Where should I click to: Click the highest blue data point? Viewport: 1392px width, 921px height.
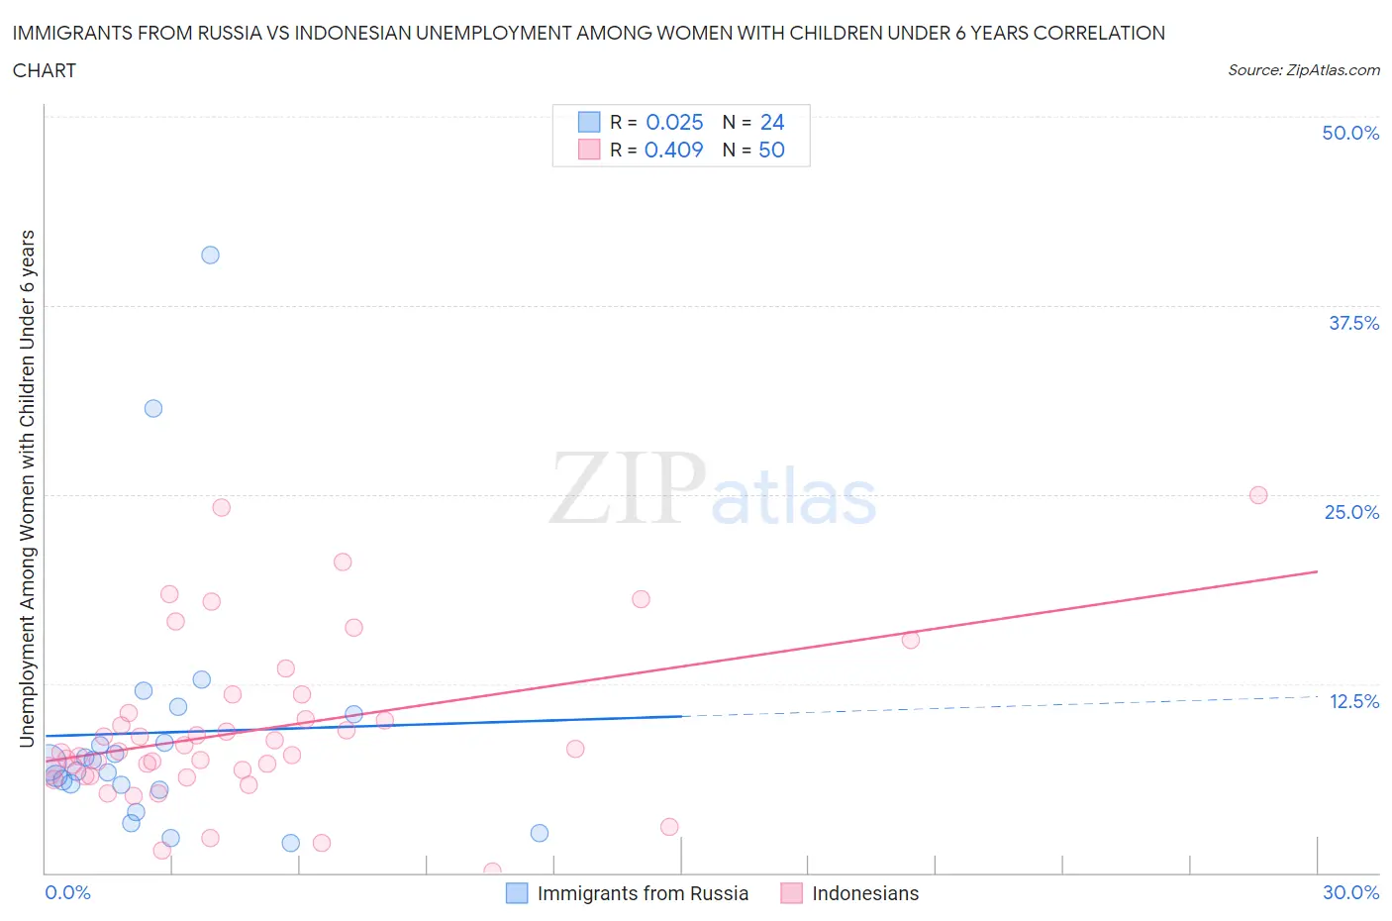click(210, 255)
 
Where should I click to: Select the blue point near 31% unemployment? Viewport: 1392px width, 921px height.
click(153, 408)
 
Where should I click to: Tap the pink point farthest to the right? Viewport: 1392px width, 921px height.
click(1258, 495)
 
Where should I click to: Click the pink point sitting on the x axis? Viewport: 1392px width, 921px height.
click(492, 871)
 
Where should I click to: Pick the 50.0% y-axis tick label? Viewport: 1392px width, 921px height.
click(1350, 133)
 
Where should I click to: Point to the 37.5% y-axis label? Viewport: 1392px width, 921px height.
click(1353, 323)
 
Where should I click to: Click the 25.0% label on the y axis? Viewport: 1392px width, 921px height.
click(1351, 512)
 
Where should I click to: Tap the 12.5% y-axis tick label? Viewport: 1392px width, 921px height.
click(1353, 701)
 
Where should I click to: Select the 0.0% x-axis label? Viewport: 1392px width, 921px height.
click(67, 892)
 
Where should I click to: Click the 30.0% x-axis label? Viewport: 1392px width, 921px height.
click(1350, 892)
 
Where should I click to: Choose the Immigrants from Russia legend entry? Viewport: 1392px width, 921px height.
click(642, 893)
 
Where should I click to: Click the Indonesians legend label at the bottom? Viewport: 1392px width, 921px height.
click(864, 893)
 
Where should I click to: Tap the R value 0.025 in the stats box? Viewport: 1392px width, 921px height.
click(674, 122)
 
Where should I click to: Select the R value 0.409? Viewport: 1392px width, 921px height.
click(673, 150)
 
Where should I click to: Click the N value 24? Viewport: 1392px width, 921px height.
click(772, 122)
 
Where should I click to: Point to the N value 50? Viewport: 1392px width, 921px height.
click(771, 150)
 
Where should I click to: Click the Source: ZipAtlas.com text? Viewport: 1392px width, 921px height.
click(1303, 69)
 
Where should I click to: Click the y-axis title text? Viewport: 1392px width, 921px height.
click(27, 488)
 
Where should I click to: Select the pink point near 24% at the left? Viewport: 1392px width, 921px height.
click(222, 507)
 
